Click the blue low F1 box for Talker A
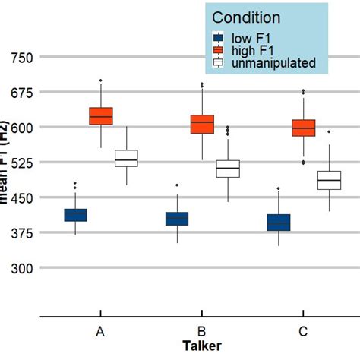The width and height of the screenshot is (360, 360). pos(75,215)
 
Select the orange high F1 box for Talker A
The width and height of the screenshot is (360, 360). pos(101,115)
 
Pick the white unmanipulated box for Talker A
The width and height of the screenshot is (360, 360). pos(126,158)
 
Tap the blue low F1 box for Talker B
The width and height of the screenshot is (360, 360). pos(176,219)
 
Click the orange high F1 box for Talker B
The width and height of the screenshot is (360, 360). pos(202,124)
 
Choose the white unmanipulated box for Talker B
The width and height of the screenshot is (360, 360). pos(227,169)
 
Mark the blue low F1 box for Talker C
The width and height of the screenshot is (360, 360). pos(278,222)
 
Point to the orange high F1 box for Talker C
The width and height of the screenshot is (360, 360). pos(304,128)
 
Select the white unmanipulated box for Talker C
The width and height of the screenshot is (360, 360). pos(329,180)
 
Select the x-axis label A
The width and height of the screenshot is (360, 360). pos(101,333)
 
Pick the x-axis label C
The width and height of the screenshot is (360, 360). pos(304,333)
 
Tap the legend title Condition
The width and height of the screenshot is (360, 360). pos(245,17)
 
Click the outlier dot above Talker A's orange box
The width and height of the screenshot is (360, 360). pos(101,81)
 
